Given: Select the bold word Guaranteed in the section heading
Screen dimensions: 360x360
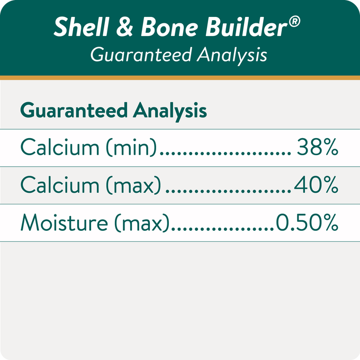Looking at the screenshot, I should click(74, 111).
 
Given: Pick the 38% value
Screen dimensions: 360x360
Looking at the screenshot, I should click(317, 148).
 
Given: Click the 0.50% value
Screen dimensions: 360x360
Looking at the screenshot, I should click(307, 223).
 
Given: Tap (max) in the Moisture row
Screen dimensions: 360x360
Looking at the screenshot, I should click(144, 223).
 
